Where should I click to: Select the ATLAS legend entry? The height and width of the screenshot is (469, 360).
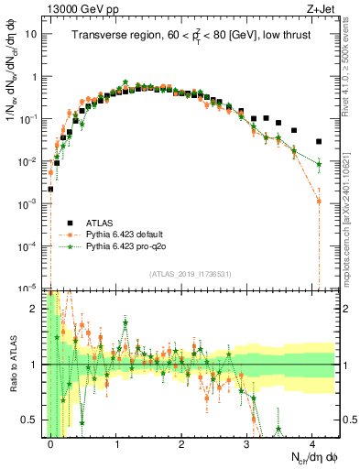click(x=88, y=222)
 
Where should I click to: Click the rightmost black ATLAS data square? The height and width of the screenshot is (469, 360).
click(x=319, y=141)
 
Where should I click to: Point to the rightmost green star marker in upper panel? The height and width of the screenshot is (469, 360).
click(x=319, y=165)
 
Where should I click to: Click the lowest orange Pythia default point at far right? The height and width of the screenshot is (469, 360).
click(x=319, y=201)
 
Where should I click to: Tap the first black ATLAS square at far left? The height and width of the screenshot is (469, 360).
click(x=50, y=190)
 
